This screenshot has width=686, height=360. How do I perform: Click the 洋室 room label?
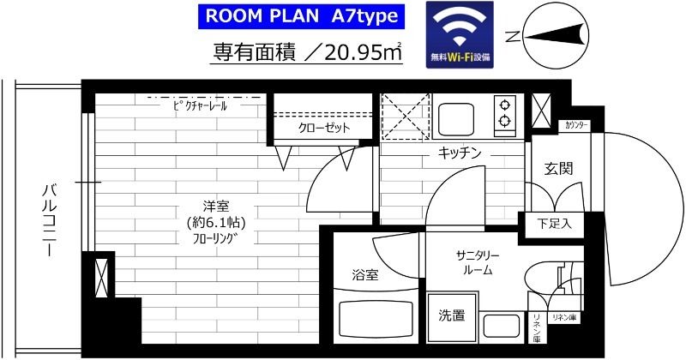(214, 207)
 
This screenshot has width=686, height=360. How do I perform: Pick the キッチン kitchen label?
(460, 153)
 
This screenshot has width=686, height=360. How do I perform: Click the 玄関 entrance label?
(558, 169)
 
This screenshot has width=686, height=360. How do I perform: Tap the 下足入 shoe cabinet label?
(554, 224)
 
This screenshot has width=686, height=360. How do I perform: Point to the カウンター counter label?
(576, 125)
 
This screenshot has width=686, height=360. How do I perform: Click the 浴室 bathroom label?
(365, 275)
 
